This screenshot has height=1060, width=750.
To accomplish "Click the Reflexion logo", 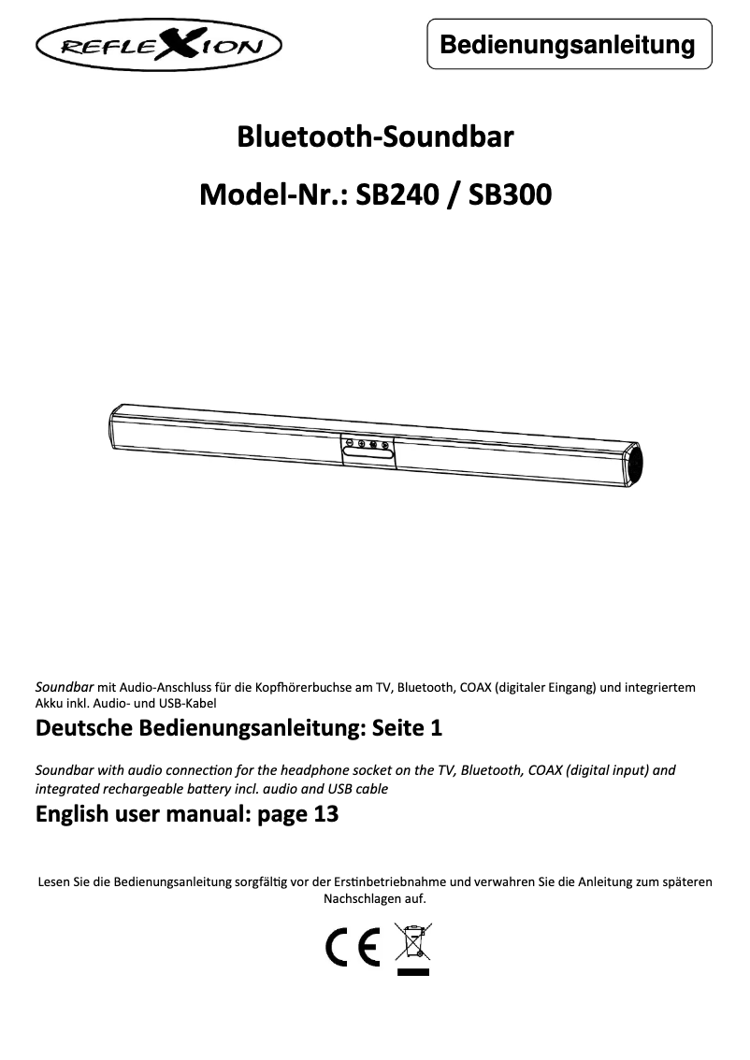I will (x=159, y=46).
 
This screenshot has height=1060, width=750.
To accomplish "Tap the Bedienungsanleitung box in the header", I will (x=569, y=45).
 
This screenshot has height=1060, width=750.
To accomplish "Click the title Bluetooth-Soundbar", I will (x=375, y=138).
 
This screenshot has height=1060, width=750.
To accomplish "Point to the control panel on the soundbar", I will (x=367, y=450).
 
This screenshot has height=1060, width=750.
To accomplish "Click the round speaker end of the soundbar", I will (x=637, y=465).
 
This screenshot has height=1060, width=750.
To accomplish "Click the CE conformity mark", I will (x=353, y=948).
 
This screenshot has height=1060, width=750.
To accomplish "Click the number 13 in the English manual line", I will (x=326, y=814).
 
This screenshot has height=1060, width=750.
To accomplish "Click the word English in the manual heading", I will (x=71, y=814).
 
